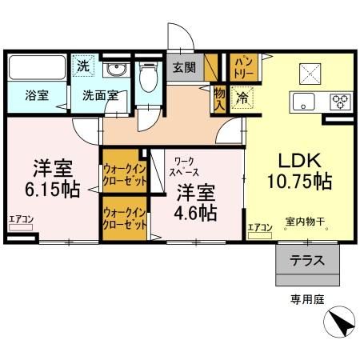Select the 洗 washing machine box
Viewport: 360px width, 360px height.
(83, 66)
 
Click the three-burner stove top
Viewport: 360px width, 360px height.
(339, 101)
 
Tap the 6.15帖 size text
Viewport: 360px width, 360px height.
(54, 192)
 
